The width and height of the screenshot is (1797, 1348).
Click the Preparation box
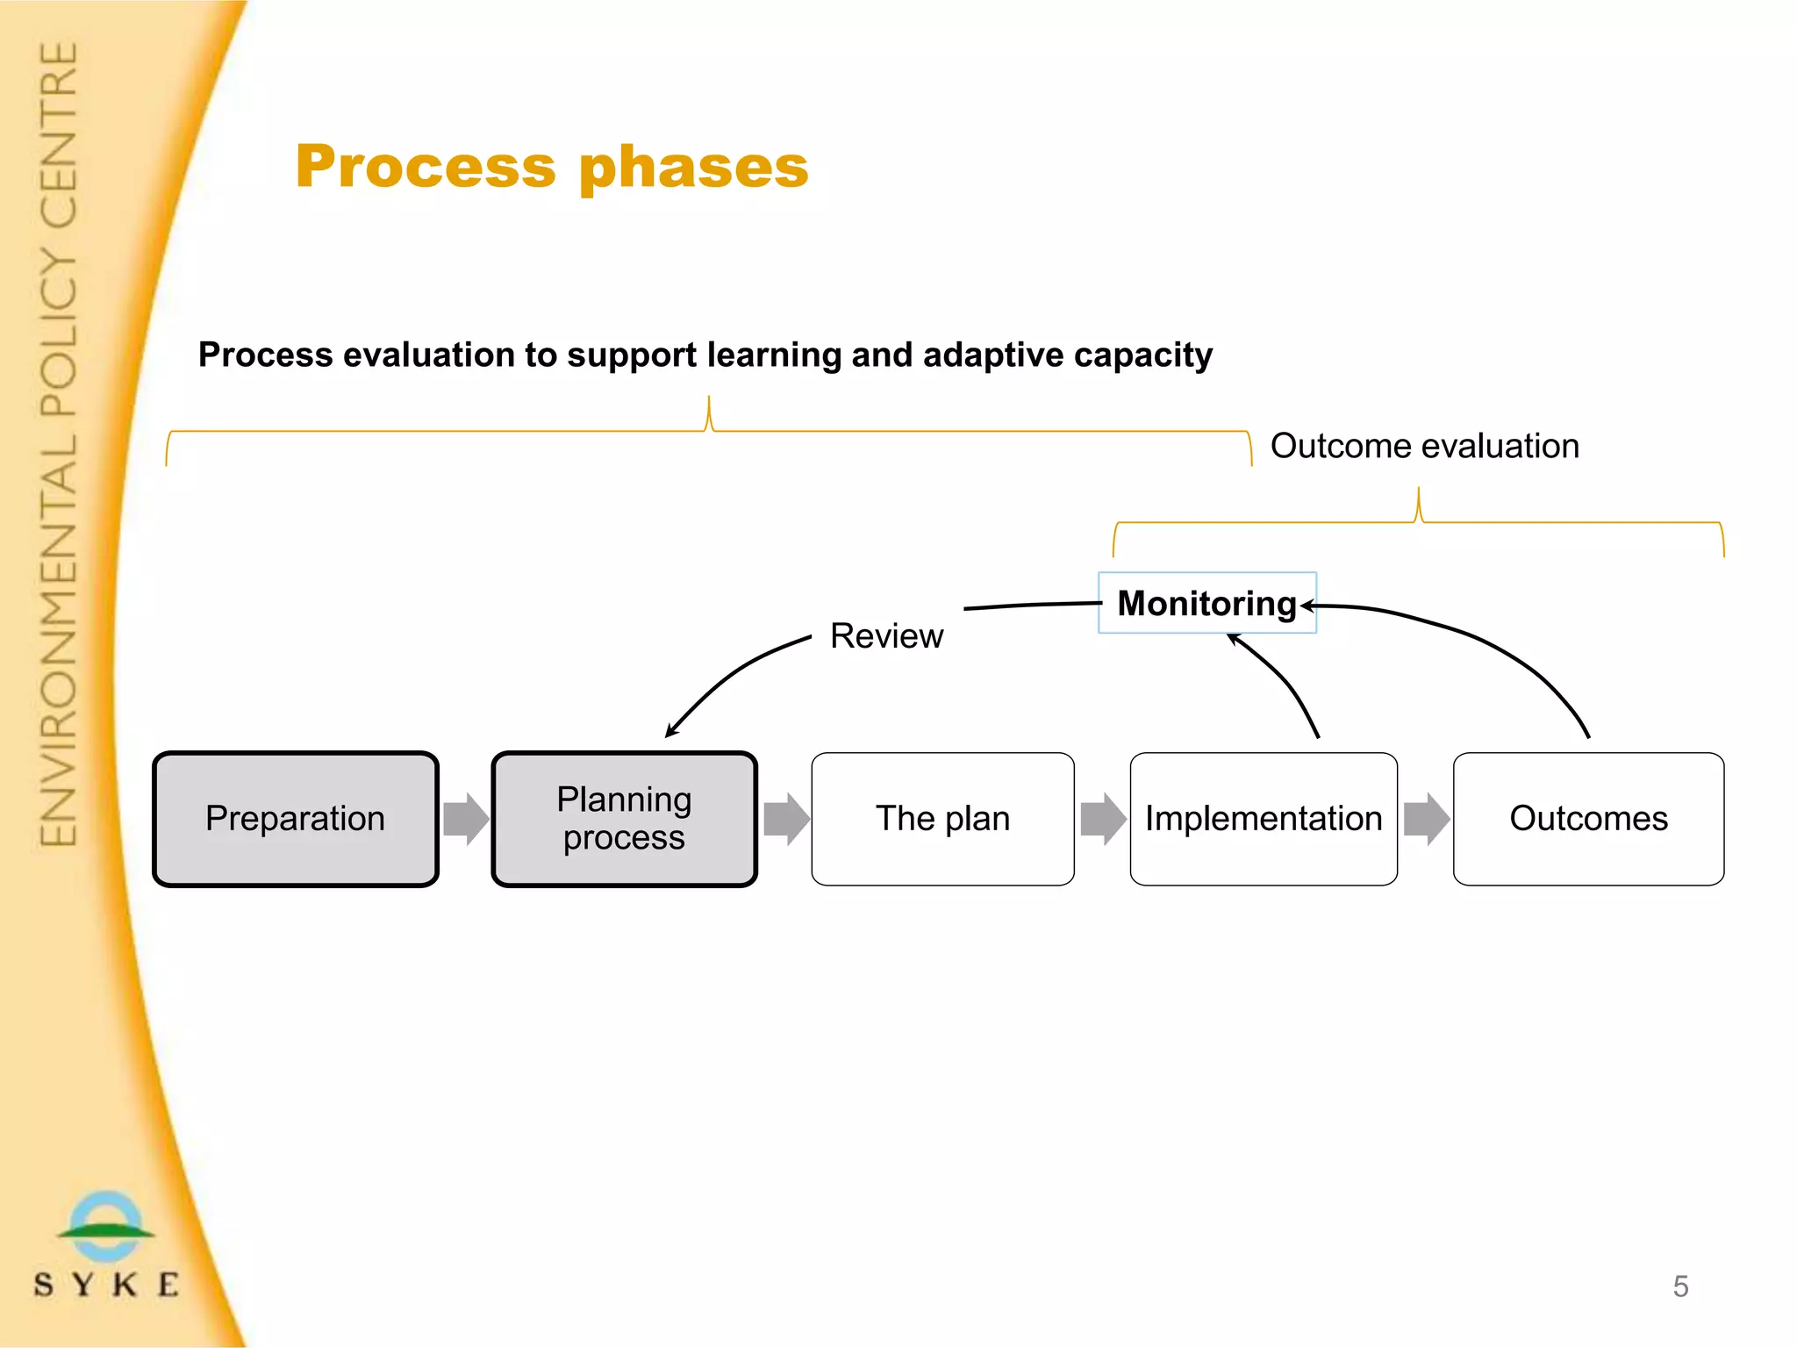click(x=295, y=819)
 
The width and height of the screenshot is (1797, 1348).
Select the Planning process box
click(x=624, y=819)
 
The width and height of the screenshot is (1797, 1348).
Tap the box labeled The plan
click(x=942, y=819)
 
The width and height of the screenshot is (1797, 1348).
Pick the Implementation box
click(x=1264, y=819)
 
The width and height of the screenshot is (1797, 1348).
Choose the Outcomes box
click(x=1588, y=819)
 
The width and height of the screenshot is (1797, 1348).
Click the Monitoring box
click(x=1206, y=603)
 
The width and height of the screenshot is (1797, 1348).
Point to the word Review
click(x=886, y=636)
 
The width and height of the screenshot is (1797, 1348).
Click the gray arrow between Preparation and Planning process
click(x=466, y=819)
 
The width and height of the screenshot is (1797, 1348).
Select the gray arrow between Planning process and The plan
click(x=786, y=819)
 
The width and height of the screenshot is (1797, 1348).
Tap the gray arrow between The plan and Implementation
click(x=1103, y=819)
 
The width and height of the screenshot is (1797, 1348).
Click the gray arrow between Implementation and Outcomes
click(x=1426, y=819)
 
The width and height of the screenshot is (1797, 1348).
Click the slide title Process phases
click(x=552, y=167)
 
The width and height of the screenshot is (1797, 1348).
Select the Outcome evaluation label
click(x=1424, y=446)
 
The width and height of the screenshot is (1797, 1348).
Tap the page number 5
click(x=1680, y=1287)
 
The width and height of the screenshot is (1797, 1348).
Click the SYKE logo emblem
click(x=106, y=1226)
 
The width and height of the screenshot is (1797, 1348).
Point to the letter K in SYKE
click(x=125, y=1285)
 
